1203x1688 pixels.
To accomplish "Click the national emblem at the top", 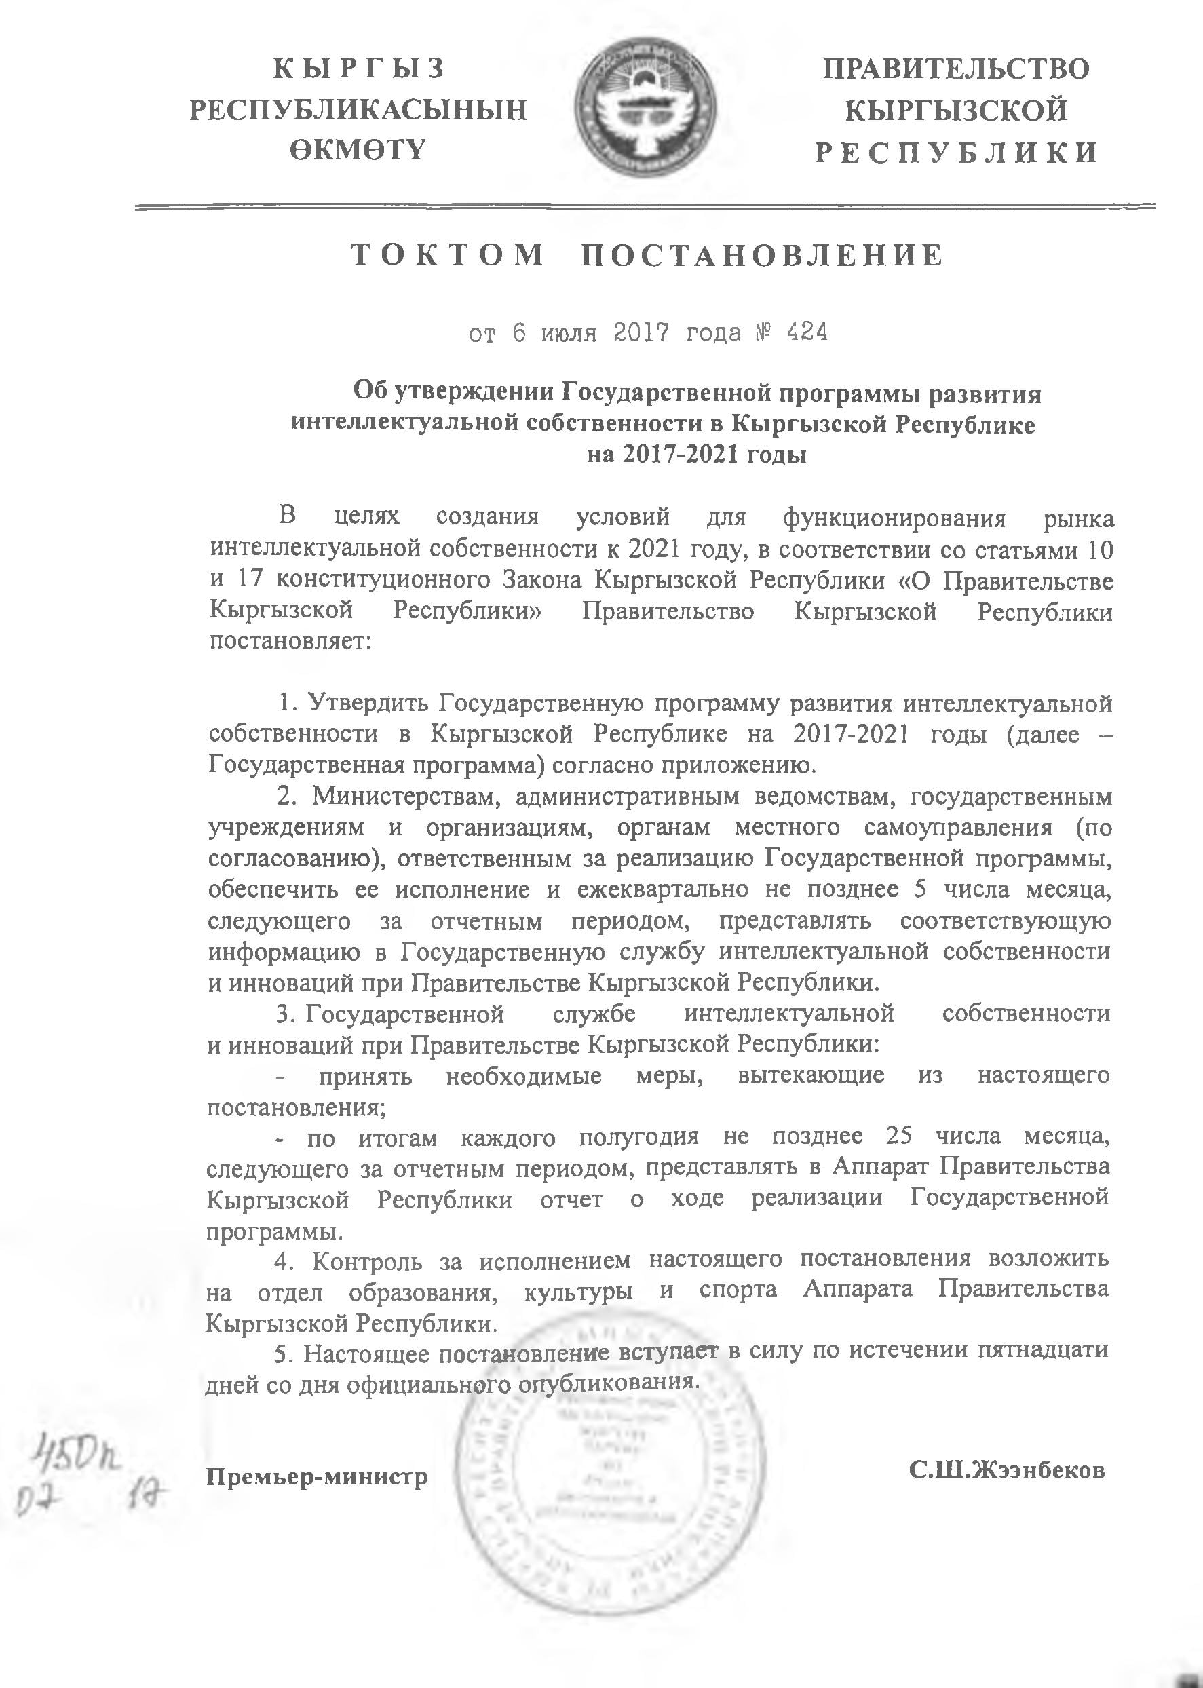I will [645, 113].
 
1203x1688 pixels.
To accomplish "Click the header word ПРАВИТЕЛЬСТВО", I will [956, 69].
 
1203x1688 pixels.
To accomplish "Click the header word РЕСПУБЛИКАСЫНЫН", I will [358, 110].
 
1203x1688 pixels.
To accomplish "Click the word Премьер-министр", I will [317, 1456].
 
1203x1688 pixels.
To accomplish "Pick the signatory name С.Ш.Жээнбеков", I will [1008, 1449].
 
